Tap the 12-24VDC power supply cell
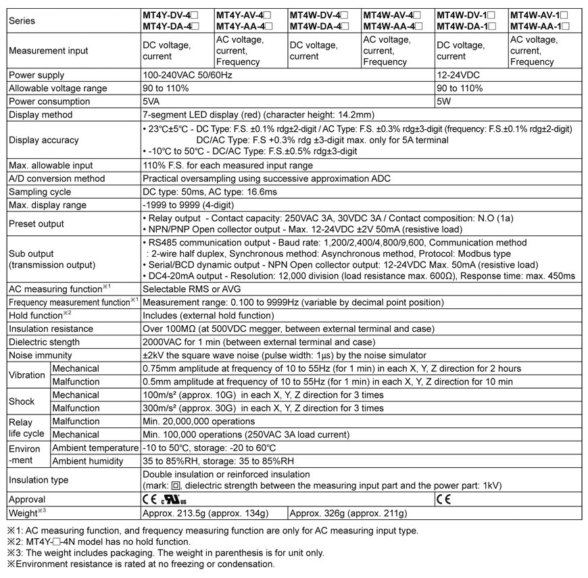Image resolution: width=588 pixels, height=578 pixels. click(x=459, y=75)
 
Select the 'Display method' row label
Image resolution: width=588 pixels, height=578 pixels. click(x=40, y=115)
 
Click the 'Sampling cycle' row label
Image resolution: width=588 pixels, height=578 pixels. click(x=38, y=192)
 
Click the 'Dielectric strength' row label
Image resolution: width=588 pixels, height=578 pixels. click(x=44, y=342)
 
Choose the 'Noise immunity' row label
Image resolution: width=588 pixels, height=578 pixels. click(x=39, y=355)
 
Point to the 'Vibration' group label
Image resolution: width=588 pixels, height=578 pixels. click(x=26, y=375)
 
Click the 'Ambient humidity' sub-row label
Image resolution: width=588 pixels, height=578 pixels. click(x=88, y=461)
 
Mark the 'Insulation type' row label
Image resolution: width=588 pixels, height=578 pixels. click(x=39, y=480)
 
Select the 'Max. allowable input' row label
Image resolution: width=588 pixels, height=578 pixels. click(x=51, y=166)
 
